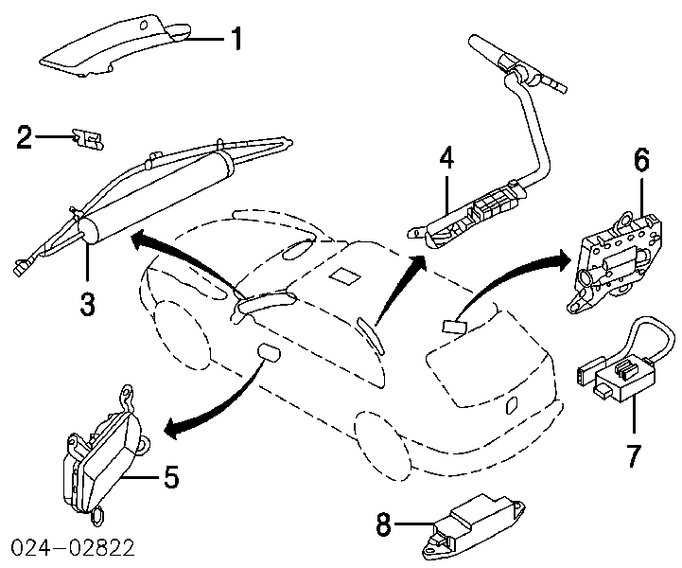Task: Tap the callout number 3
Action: point(86,305)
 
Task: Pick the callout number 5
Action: point(171,477)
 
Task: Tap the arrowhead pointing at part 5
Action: point(173,429)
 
